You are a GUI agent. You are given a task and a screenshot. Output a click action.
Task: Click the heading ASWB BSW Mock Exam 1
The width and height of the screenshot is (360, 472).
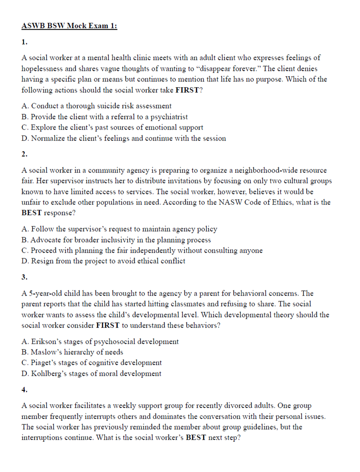tap(69, 26)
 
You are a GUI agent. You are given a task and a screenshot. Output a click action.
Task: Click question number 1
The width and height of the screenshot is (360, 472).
tap(24, 42)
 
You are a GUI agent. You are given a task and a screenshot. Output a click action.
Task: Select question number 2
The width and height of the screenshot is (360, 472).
tap(25, 154)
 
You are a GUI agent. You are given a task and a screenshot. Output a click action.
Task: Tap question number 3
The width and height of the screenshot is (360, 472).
tap(25, 277)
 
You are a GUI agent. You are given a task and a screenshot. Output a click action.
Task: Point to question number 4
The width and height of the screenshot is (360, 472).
tap(25, 389)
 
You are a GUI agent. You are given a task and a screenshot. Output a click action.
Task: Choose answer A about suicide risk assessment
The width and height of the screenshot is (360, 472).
tap(96, 106)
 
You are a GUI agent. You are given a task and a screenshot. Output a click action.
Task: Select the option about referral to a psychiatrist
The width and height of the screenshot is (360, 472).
tap(105, 117)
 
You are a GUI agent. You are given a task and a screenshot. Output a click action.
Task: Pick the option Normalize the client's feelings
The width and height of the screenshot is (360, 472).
tap(124, 138)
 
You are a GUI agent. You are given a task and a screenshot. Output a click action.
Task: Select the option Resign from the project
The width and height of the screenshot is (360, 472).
tap(103, 261)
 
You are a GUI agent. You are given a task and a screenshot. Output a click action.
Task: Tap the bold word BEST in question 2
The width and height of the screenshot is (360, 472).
tap(31, 213)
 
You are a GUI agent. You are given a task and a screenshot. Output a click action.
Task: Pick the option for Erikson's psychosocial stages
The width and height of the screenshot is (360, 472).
tap(100, 342)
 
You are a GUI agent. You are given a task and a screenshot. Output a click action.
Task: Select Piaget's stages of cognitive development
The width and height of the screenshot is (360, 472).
tap(92, 363)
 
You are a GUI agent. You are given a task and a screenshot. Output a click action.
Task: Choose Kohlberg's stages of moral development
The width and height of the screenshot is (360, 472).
tap(91, 373)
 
